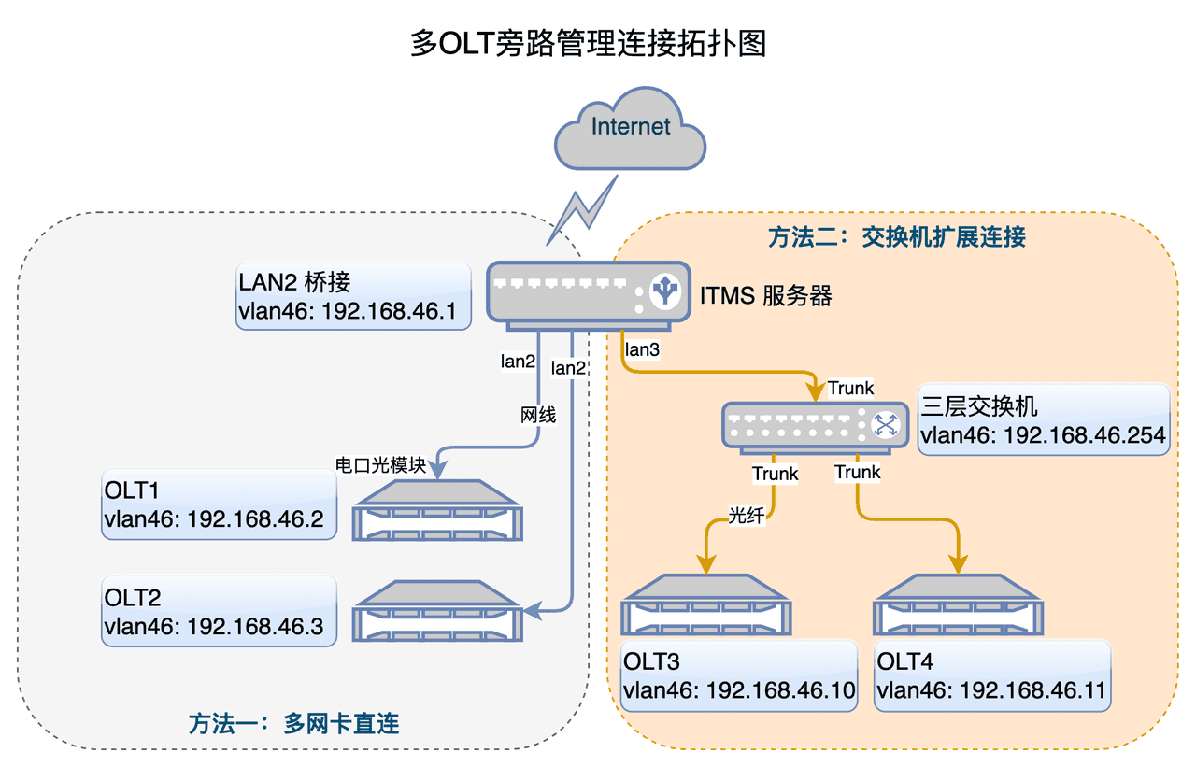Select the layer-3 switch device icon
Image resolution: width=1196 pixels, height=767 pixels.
(813, 426)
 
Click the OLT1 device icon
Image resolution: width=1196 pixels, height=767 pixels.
(437, 511)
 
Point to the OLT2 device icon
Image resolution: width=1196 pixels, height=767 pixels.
(437, 613)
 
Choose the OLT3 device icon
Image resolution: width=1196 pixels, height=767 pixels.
(706, 606)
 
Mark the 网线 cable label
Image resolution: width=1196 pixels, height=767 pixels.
(538, 415)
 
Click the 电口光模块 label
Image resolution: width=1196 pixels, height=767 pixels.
(381, 465)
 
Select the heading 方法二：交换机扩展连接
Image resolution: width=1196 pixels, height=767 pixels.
(897, 237)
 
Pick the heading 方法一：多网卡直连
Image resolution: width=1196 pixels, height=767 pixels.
(293, 723)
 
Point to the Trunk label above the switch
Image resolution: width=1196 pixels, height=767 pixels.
(850, 388)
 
